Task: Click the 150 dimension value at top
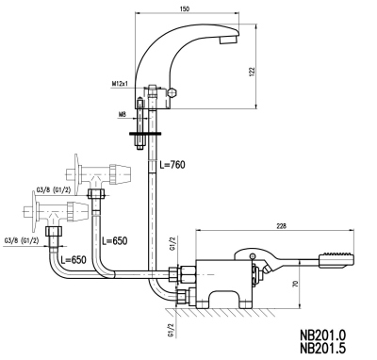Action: point(186,8)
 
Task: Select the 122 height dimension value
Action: point(254,72)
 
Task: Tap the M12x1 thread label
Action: point(120,84)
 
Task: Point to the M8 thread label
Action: point(123,115)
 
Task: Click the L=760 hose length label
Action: point(172,164)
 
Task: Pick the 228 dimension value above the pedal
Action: point(281,226)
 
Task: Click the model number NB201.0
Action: point(323,335)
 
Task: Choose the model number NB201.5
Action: point(323,348)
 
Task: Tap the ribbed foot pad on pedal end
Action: point(337,262)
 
